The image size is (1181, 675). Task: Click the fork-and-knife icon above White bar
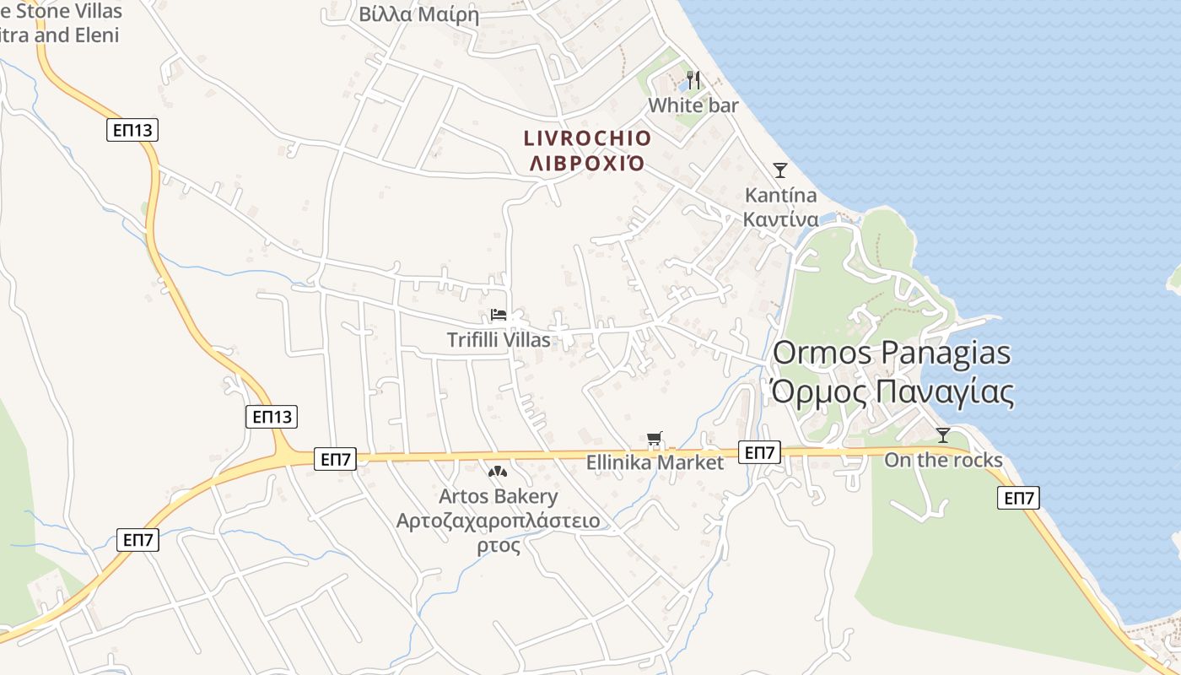click(693, 80)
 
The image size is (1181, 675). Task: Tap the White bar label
click(693, 105)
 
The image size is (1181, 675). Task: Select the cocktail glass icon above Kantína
click(780, 170)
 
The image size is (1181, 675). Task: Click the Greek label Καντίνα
click(781, 220)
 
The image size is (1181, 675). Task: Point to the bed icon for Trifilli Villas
click(499, 316)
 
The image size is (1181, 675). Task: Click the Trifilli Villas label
click(499, 340)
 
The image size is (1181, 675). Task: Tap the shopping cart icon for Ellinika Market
click(655, 439)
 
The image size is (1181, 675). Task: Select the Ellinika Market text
click(655, 462)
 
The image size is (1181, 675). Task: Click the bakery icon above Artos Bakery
click(498, 472)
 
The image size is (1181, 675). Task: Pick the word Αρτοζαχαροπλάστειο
click(499, 521)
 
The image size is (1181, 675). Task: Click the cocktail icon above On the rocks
click(943, 435)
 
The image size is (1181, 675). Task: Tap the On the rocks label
click(943, 460)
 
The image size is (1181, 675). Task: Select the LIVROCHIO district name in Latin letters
click(588, 138)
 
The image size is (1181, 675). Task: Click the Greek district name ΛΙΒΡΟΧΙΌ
click(588, 163)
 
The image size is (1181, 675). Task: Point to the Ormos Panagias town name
click(892, 353)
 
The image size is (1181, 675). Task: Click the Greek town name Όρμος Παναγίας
click(892, 392)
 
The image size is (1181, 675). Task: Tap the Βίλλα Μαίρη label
click(419, 14)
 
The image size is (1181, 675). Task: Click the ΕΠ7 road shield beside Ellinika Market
click(759, 453)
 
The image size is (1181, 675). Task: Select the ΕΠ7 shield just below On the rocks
click(1018, 498)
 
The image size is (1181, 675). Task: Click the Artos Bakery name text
click(499, 496)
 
